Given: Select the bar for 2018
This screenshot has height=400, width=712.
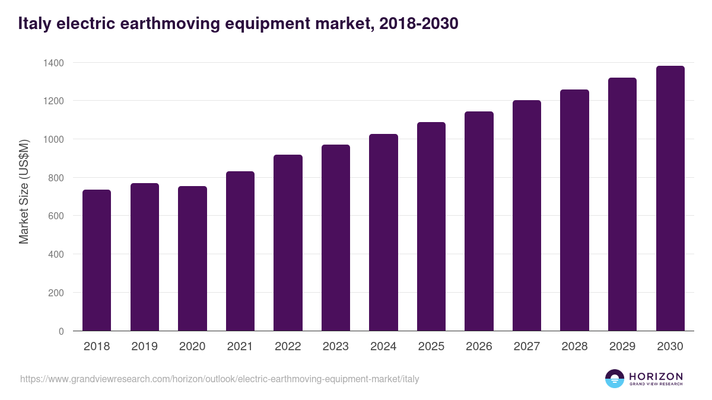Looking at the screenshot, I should [x=97, y=260].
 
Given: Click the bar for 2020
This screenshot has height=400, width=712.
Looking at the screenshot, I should [x=192, y=258].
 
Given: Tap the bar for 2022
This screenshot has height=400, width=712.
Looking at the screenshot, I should [x=288, y=243].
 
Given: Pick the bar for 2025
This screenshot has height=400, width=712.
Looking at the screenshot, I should [x=431, y=226].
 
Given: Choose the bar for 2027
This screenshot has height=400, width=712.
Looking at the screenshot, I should [x=527, y=216].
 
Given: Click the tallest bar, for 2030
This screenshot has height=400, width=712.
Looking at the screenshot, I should [x=670, y=199].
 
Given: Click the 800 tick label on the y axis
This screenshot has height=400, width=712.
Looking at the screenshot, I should [x=56, y=178].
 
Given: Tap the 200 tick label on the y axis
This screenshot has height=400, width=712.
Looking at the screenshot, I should [x=56, y=293].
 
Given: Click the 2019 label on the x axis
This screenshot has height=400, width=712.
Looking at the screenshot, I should [x=144, y=347].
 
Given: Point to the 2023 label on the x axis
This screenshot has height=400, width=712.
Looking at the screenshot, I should [x=335, y=347].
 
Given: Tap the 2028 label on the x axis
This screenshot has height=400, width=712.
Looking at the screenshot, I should [x=574, y=347].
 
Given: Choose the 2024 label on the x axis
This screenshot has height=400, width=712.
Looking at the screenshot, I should [x=383, y=347].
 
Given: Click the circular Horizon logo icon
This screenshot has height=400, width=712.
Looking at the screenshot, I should [x=615, y=379].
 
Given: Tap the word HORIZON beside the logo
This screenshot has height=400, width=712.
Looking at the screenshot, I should [x=656, y=376].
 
